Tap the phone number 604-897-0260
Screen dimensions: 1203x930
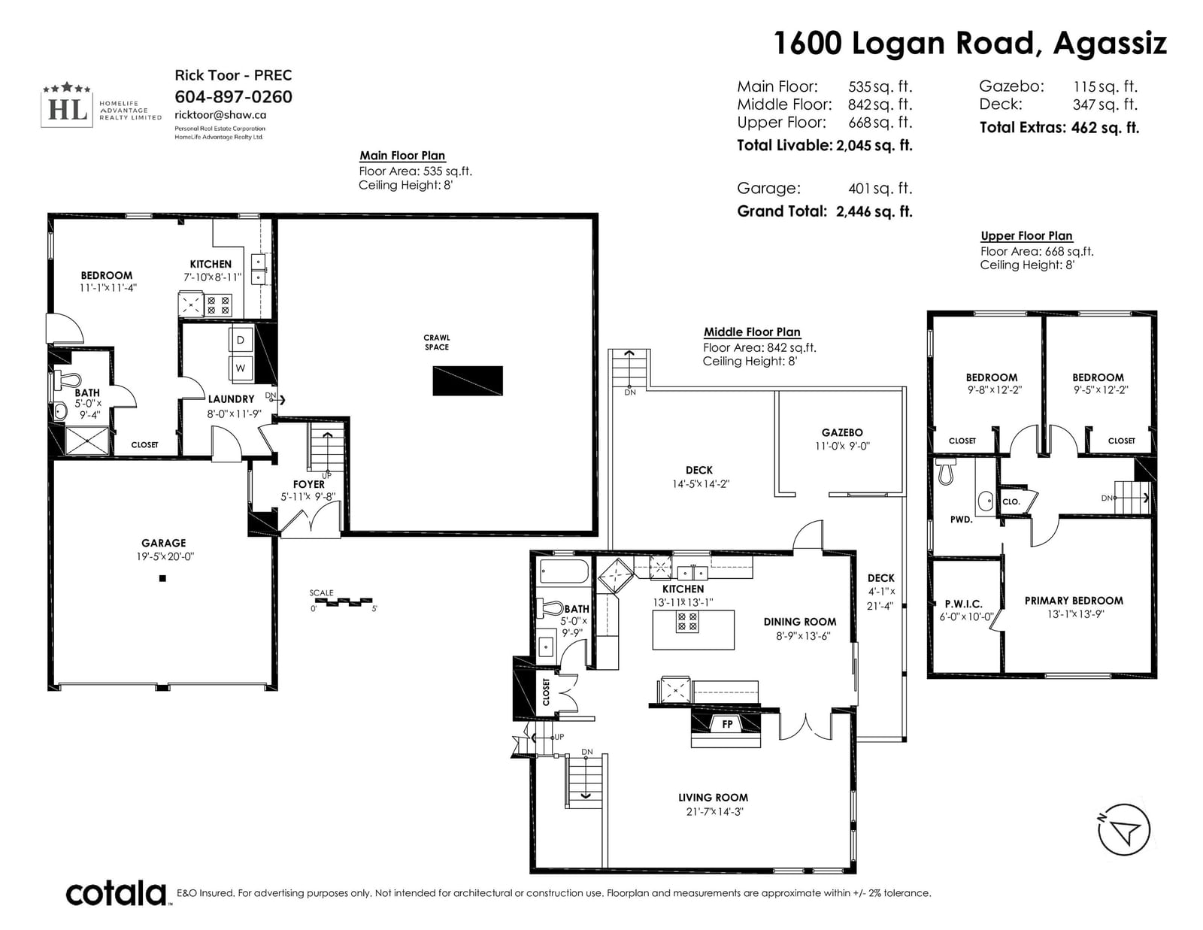point(233,97)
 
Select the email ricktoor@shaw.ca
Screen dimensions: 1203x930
point(220,115)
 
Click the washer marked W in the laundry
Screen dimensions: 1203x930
point(241,368)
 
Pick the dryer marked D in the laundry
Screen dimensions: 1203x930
point(241,339)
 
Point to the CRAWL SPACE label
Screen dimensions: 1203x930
point(437,342)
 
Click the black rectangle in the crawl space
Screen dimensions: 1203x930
point(468,380)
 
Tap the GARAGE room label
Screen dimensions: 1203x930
point(163,543)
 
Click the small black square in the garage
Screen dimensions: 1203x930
point(162,578)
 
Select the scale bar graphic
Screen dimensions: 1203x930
point(341,601)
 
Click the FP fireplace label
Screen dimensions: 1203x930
point(728,724)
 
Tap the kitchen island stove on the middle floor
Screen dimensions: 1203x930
point(687,622)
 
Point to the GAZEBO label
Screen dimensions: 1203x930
point(842,432)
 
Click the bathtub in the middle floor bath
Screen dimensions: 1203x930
point(564,571)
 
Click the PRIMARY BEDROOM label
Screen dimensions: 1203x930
point(1074,601)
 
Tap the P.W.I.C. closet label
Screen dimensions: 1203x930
point(964,604)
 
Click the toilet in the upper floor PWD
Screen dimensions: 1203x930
point(946,471)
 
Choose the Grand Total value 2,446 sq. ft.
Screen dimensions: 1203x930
point(874,211)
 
